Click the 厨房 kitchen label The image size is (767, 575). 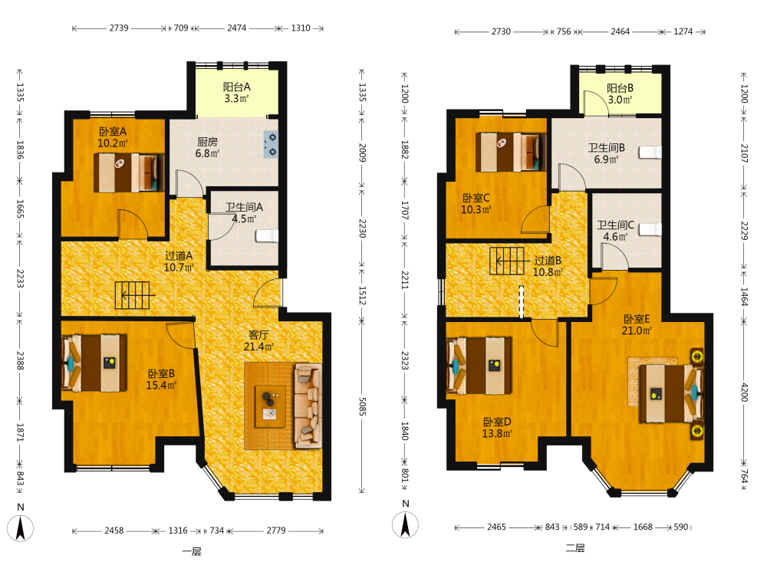207,142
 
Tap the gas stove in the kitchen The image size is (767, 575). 271,144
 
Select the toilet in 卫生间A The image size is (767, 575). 267,236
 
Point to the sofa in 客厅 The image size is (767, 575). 308,406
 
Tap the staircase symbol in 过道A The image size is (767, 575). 133,295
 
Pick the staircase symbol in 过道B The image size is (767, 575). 507,261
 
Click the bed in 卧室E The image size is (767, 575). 671,393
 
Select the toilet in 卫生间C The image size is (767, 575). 650,229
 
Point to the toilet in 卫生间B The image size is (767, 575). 650,152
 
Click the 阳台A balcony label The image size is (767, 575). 237,87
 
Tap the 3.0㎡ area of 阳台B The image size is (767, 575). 620,100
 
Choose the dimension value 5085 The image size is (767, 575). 363,406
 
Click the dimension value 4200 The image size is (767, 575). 744,392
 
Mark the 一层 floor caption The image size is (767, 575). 192,552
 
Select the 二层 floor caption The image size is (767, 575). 575,548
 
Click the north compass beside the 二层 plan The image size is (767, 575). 405,524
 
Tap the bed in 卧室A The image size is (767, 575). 129,172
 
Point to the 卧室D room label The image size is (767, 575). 497,422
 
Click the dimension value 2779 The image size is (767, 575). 276,531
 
